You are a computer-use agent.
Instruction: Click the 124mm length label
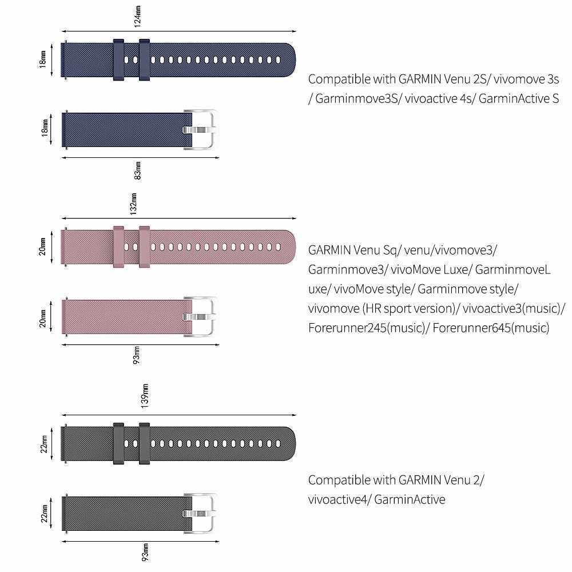click(137, 17)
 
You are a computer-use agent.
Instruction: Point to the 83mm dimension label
click(137, 170)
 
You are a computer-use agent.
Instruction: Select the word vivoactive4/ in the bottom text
click(336, 499)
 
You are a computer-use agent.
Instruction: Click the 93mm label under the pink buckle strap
click(136, 355)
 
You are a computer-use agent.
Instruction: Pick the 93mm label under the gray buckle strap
click(145, 551)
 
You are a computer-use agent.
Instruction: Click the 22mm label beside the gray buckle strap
click(44, 513)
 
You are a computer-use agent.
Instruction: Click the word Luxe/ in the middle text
click(455, 269)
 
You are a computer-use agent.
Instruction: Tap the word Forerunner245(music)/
click(369, 328)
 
